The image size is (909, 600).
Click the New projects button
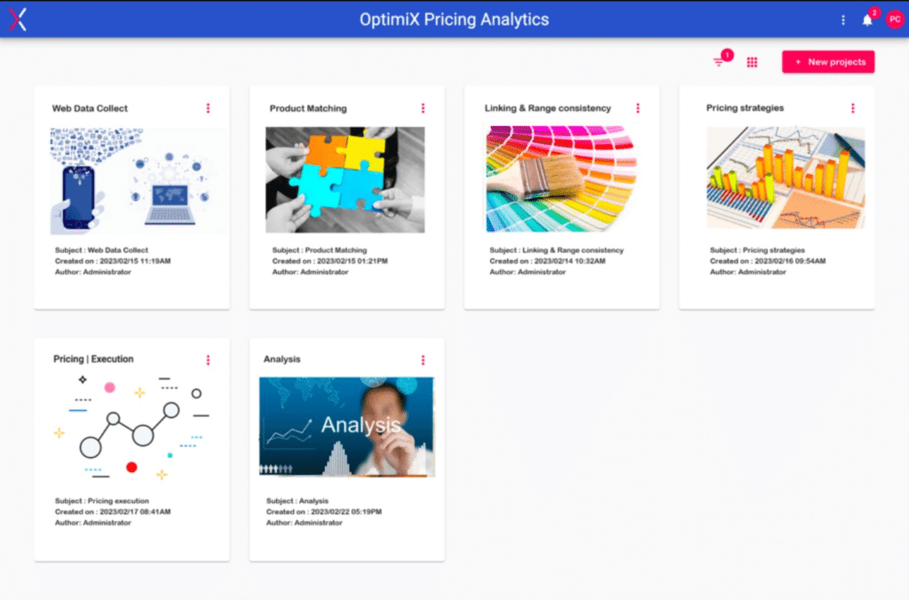(x=828, y=62)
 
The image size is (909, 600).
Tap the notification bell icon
(x=866, y=20)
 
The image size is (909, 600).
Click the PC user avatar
(x=895, y=20)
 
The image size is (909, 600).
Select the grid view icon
(x=752, y=62)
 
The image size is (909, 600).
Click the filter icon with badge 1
(x=719, y=61)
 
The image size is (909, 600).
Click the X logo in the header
(x=18, y=20)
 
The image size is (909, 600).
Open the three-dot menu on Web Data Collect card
(x=208, y=108)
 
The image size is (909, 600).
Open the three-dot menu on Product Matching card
(x=423, y=108)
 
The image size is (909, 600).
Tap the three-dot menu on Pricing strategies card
(x=853, y=108)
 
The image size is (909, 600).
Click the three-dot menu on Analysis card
(x=423, y=360)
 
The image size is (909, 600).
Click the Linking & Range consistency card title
(x=548, y=108)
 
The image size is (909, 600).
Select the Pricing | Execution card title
(x=93, y=359)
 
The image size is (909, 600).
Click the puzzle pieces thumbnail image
(x=345, y=179)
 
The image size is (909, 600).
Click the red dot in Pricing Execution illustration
(x=131, y=467)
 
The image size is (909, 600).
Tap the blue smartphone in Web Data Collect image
(x=78, y=196)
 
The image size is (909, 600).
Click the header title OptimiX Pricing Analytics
(x=454, y=20)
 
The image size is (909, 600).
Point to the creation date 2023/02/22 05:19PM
(x=346, y=512)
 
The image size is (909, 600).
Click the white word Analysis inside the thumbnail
(x=360, y=425)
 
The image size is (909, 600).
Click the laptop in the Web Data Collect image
(x=170, y=205)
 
